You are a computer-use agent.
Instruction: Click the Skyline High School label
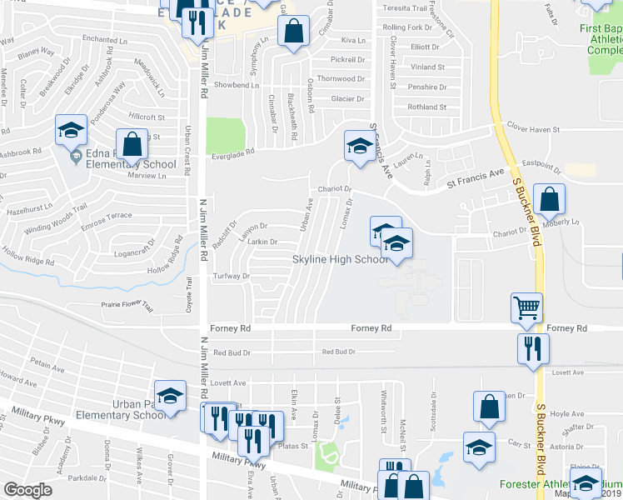340,260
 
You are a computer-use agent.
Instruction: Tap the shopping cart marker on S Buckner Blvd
526,308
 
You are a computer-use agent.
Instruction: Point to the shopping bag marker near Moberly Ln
550,199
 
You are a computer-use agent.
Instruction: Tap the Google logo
27,490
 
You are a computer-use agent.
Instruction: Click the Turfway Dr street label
232,276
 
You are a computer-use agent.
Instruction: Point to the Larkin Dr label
262,242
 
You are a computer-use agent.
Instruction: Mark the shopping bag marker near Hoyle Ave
490,407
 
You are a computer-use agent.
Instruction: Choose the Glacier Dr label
348,98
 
